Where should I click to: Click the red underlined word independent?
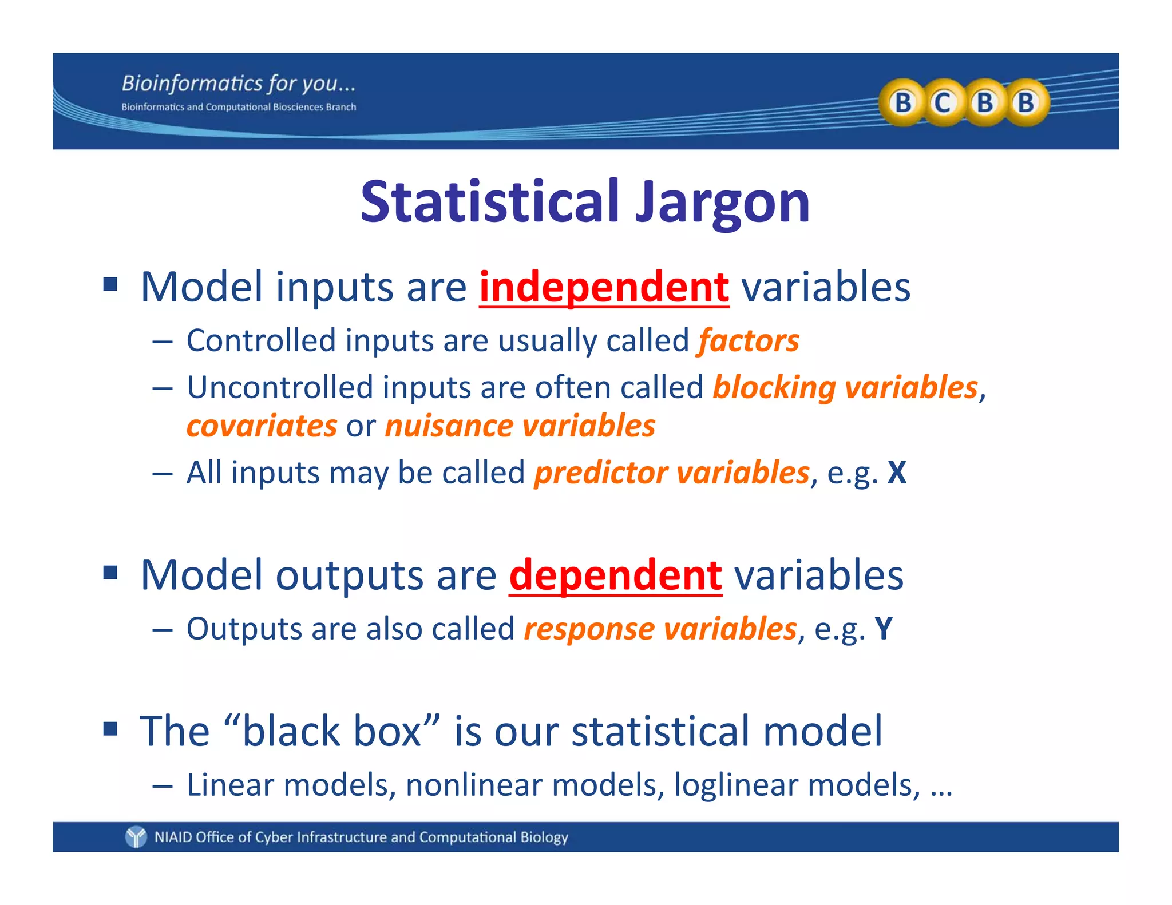coord(604,287)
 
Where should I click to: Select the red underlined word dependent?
coord(615,575)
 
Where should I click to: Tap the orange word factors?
coord(748,341)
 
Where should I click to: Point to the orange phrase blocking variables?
coord(845,388)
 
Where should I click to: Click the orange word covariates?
coord(262,426)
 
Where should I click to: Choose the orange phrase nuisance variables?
coord(520,426)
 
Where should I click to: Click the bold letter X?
coord(897,473)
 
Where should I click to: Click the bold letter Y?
coord(884,629)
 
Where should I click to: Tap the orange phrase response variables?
coord(660,629)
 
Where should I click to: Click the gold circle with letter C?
coord(943,103)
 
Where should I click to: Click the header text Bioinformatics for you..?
coord(238,84)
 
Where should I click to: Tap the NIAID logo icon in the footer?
coord(136,837)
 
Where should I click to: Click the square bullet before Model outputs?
coord(110,572)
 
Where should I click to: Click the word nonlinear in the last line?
coord(472,785)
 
